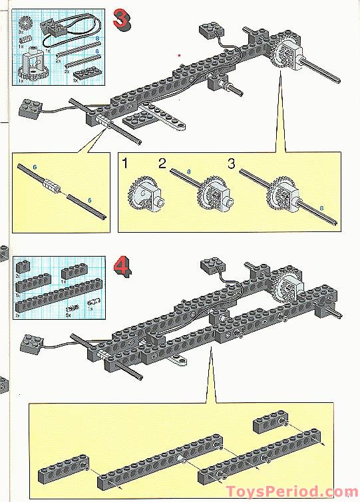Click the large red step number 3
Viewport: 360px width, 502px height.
[121, 18]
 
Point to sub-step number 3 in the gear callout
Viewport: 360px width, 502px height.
[232, 164]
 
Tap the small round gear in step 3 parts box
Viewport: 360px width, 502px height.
[27, 21]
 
